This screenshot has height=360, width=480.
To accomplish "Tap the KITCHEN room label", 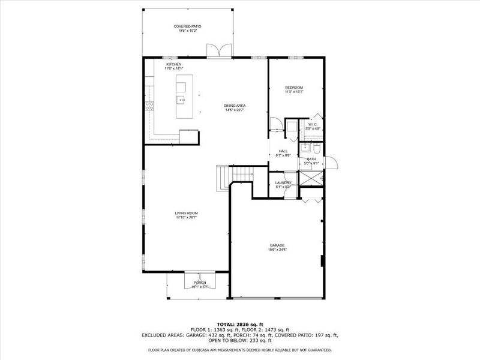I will (x=174, y=64).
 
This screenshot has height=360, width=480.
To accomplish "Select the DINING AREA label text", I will (x=235, y=106).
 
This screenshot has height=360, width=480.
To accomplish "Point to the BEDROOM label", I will (x=294, y=88).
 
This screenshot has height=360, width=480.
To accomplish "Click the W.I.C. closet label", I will (x=313, y=125).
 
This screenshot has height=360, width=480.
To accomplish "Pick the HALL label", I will (x=283, y=151).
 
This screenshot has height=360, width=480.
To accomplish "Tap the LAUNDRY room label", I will (x=283, y=182).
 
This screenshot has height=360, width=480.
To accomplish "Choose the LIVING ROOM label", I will (x=186, y=213).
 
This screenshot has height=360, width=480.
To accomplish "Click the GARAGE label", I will (x=277, y=246).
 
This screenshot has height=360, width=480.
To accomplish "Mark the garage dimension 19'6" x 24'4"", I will (x=277, y=250).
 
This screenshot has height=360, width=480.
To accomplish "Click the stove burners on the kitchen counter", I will (x=149, y=107).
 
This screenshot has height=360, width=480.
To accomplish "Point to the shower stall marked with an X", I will (x=311, y=179).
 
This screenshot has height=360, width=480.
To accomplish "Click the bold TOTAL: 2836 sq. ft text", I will (x=239, y=324).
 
